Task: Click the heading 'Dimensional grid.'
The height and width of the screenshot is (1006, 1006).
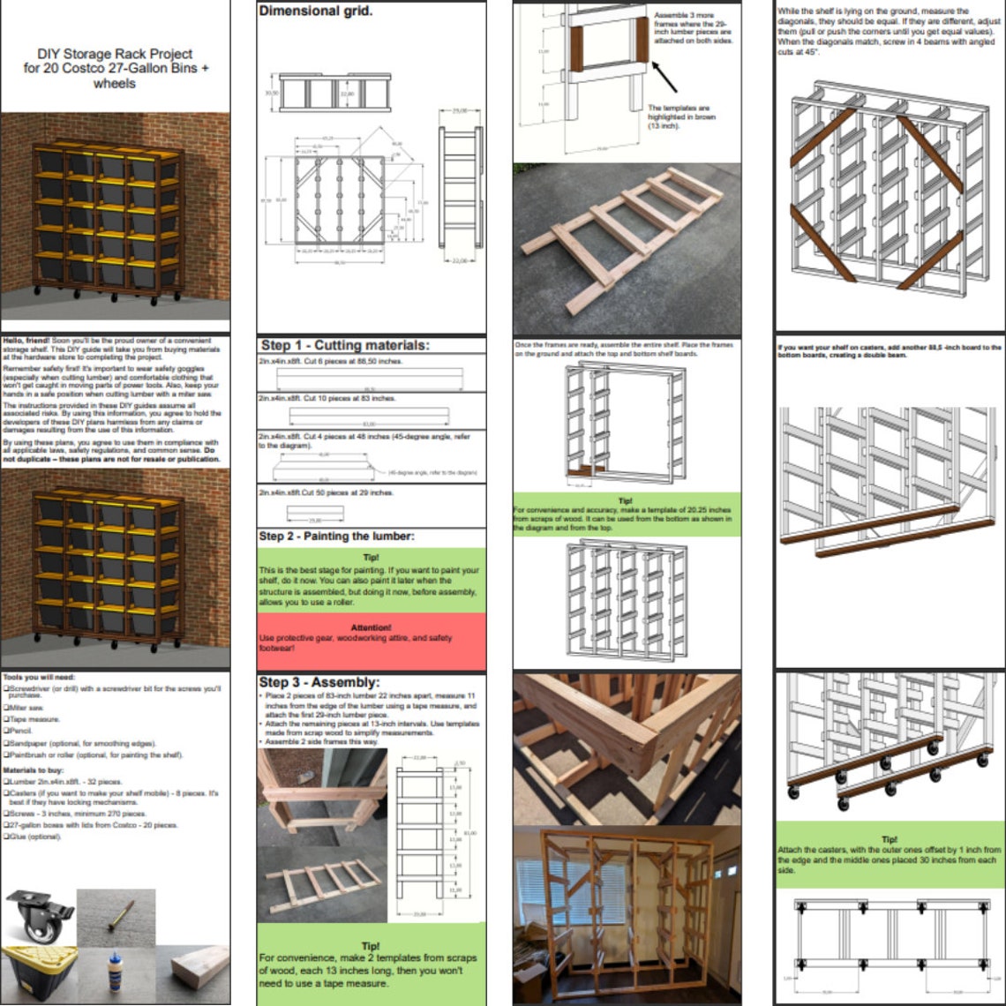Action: pyautogui.click(x=315, y=11)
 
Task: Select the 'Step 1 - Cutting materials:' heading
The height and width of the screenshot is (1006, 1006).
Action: pyautogui.click(x=344, y=345)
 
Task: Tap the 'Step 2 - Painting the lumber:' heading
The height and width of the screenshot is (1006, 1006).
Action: pyautogui.click(x=335, y=536)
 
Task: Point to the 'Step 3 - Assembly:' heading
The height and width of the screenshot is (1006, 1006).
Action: pyautogui.click(x=319, y=682)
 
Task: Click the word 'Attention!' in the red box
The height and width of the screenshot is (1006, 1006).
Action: pyautogui.click(x=371, y=627)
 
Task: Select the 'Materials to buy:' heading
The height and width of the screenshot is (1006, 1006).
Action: pyautogui.click(x=32, y=770)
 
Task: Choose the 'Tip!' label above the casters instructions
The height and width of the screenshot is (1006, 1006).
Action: pyautogui.click(x=890, y=839)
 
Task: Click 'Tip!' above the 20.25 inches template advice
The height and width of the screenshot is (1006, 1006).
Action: pyautogui.click(x=627, y=499)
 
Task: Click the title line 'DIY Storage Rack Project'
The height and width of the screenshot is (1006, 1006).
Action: pyautogui.click(x=115, y=54)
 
